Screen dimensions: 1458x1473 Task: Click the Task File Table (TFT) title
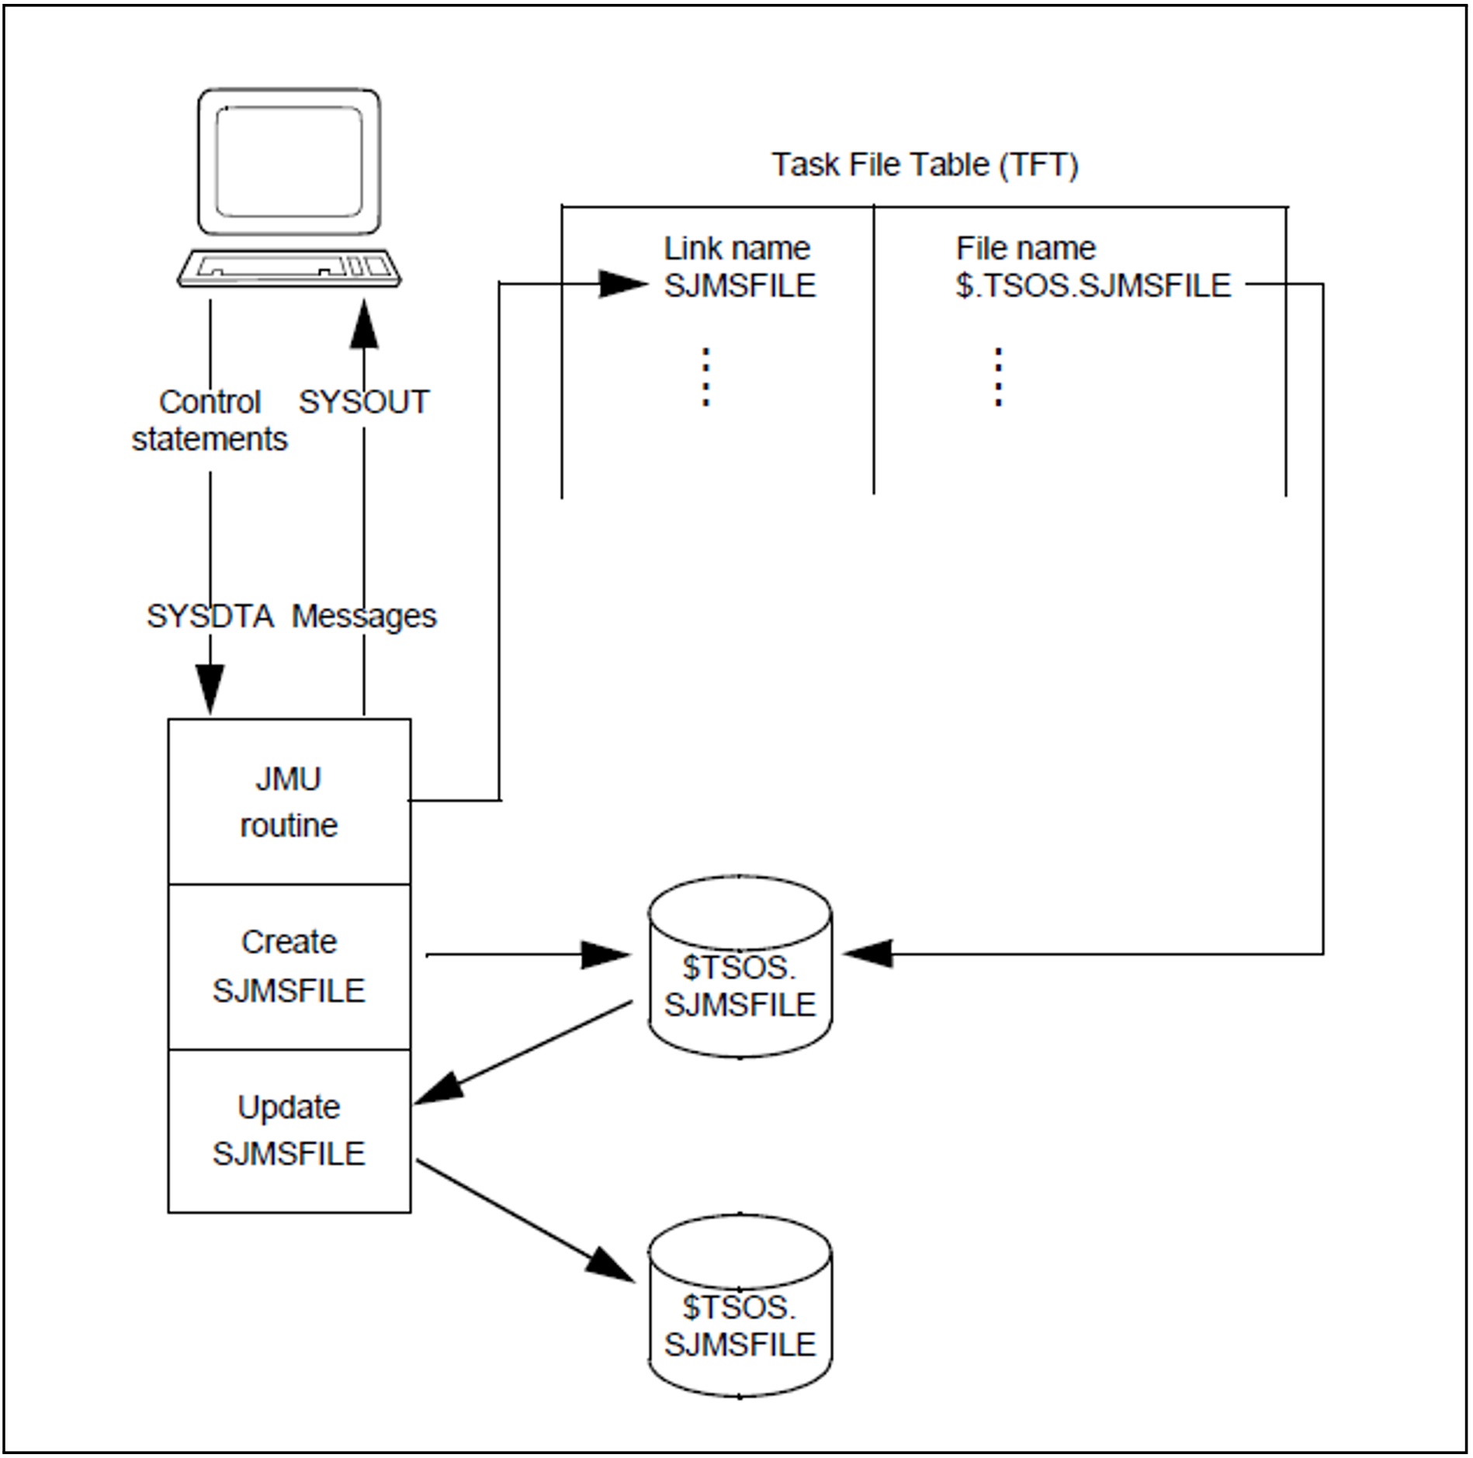(924, 165)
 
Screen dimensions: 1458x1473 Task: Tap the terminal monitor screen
(289, 161)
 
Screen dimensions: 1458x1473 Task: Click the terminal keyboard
(289, 268)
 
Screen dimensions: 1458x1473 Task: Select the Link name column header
(736, 248)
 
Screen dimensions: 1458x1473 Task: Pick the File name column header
(1025, 248)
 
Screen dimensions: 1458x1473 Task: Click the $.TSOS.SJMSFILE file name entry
(1093, 286)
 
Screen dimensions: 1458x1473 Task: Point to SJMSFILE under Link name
(740, 286)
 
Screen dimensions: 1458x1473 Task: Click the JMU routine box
(289, 802)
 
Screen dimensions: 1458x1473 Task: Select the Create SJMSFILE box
(289, 966)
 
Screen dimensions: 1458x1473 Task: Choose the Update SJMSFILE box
(289, 1131)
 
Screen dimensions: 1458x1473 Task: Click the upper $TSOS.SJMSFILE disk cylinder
(740, 967)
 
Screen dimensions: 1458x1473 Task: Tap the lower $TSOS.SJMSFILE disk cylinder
(740, 1307)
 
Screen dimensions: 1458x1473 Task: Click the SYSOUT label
(363, 402)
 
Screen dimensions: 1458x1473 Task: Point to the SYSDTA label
(210, 616)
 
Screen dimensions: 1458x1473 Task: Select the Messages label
(363, 616)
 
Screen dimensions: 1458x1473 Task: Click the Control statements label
(210, 421)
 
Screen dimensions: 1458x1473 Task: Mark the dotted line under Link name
(705, 377)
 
